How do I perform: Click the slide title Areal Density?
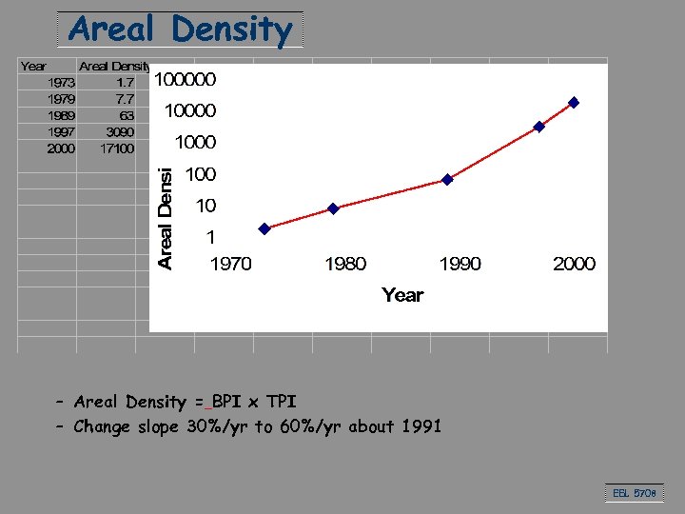[180, 30]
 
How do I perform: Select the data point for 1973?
[264, 228]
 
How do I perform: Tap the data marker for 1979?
[333, 208]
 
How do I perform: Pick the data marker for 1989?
[447, 179]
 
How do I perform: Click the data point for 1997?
[538, 127]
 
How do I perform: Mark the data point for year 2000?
[573, 102]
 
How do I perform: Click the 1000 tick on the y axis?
[196, 143]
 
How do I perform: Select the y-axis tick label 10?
[205, 206]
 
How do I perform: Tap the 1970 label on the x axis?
[230, 264]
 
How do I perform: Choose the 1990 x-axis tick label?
[460, 264]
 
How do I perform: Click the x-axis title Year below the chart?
[402, 295]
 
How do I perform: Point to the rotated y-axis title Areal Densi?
[166, 218]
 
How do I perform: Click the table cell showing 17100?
[117, 148]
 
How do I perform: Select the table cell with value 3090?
[119, 131]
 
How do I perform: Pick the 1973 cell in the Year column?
[61, 82]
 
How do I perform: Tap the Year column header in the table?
[33, 66]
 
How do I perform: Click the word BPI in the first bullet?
[226, 402]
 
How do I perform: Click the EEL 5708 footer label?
[632, 493]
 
